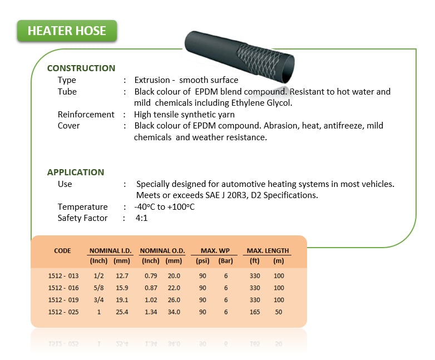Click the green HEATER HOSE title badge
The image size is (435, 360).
click(67, 31)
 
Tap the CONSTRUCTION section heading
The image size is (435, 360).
click(81, 68)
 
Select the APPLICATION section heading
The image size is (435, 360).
click(76, 172)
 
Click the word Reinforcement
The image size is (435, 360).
click(86, 115)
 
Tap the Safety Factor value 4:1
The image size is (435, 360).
click(141, 218)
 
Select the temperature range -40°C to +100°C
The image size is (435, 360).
click(164, 207)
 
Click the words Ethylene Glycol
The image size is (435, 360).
click(261, 103)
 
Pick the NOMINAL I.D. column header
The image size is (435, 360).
click(110, 250)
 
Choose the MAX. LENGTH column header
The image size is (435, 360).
click(268, 250)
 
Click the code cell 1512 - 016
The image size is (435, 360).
click(63, 288)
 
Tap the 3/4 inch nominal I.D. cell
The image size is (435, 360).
click(98, 300)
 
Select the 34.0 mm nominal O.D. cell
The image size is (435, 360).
click(174, 312)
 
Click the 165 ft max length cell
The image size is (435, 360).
click(255, 312)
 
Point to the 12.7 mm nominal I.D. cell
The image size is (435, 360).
click(122, 276)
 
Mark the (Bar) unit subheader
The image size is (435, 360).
click(225, 261)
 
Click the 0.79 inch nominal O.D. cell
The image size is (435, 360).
click(151, 276)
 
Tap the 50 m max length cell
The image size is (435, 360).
click(279, 312)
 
